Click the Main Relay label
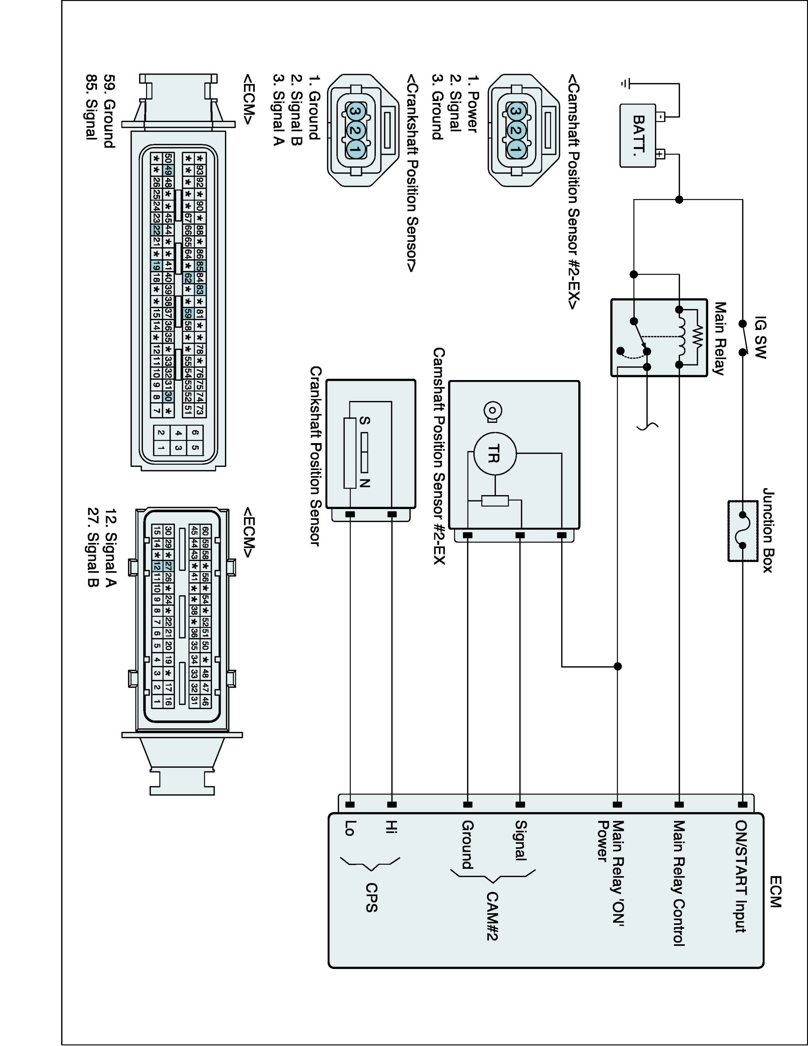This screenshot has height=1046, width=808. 719,338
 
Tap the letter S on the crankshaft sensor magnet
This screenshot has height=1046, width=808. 365,420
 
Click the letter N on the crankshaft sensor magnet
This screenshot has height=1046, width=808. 365,483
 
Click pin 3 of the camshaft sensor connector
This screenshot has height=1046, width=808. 515,112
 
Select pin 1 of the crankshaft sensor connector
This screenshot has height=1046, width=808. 355,150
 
